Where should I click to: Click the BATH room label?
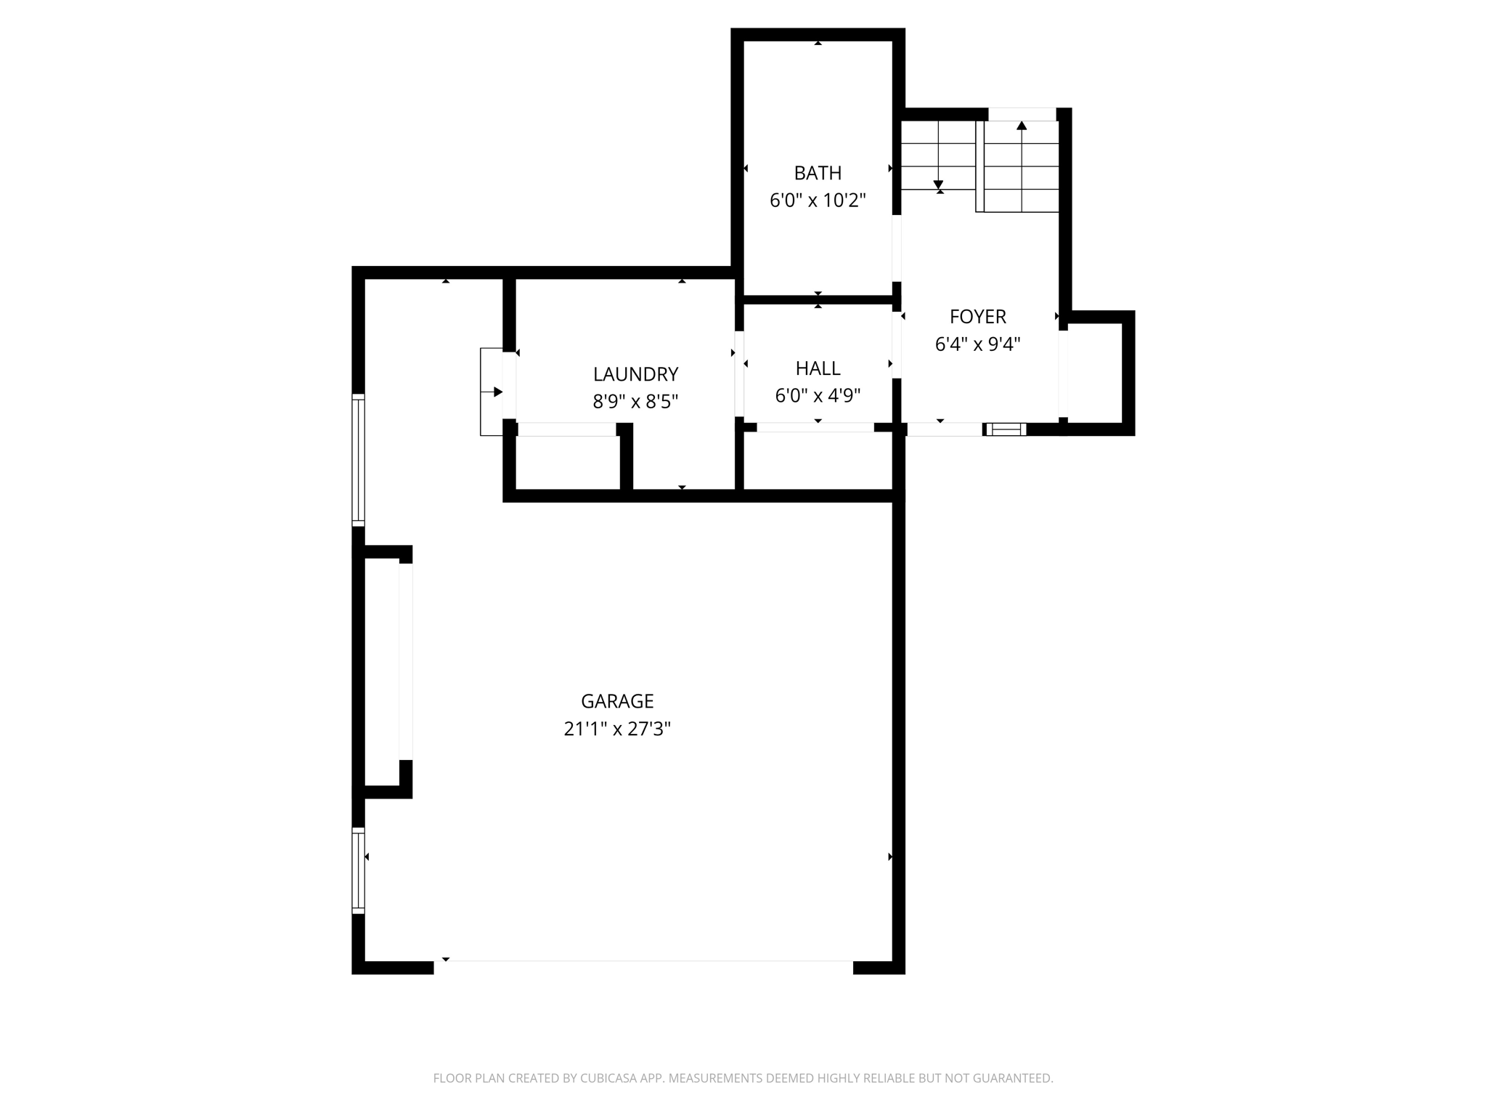[x=818, y=173]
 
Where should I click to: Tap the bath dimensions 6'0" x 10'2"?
[x=818, y=201]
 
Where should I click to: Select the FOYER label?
[x=977, y=317]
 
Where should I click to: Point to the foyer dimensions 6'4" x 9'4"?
[x=977, y=344]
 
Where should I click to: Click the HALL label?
[x=818, y=368]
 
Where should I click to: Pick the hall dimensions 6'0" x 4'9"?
[x=818, y=396]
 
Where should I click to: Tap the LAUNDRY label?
[x=635, y=374]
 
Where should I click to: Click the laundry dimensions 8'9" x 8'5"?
[x=635, y=402]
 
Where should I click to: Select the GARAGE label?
[x=617, y=701]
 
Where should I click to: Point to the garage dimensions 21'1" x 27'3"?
[x=617, y=729]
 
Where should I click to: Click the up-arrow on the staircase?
[x=1022, y=126]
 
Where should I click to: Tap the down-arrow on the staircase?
[x=938, y=185]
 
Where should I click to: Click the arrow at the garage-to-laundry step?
[x=497, y=392]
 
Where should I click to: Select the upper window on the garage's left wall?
[x=358, y=459]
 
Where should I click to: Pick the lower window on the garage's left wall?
[x=358, y=870]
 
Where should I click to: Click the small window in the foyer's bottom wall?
[x=1006, y=429]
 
